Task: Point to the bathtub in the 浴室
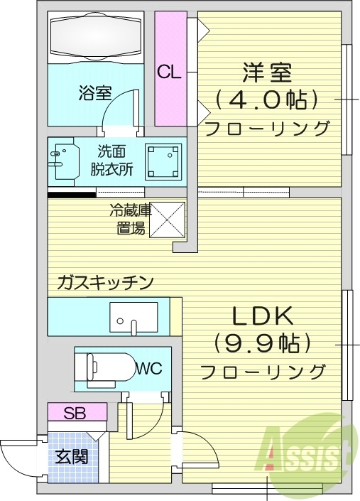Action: coord(95,36)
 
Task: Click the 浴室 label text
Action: coord(95,92)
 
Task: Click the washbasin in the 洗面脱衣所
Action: coord(65,161)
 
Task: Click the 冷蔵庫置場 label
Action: coord(129,220)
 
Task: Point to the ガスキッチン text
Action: coord(105,283)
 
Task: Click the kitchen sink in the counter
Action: coord(133,318)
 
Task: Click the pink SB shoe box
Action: coord(77,413)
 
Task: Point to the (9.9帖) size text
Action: coord(263,343)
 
